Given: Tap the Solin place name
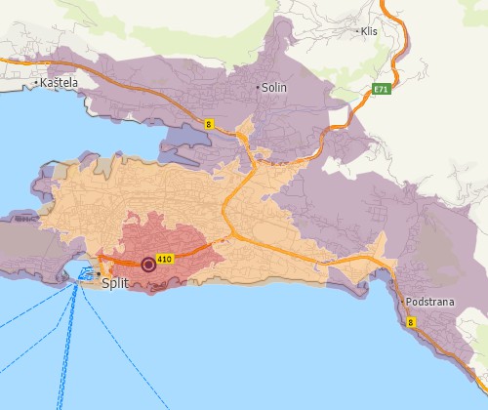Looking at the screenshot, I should (274, 87).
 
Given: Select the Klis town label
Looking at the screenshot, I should (369, 31).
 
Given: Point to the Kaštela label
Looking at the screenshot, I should (60, 84).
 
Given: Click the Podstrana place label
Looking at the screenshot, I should (430, 302).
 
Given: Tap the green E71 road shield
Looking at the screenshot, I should (382, 89).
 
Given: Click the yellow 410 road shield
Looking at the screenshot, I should (164, 259).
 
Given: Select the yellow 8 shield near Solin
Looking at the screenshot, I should (209, 123).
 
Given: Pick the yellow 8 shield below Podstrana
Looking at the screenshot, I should (410, 321).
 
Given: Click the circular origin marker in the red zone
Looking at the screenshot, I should (148, 264).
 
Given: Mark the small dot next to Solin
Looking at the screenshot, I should (259, 87).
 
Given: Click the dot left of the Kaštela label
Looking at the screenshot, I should (37, 84).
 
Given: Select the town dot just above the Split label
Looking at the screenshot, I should (98, 272).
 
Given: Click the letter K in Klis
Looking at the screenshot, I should (363, 31).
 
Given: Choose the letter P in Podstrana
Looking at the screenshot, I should (412, 302).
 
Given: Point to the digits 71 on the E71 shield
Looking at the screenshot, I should (385, 89).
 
